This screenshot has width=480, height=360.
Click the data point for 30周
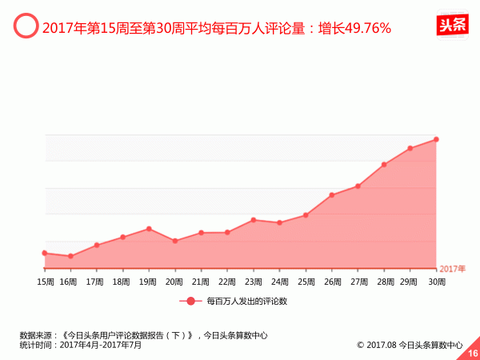point(436,139)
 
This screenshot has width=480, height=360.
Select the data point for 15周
point(45,253)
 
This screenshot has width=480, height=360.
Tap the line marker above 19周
point(149,229)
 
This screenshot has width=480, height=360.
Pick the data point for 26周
point(331,195)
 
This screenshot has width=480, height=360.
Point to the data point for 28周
point(384,165)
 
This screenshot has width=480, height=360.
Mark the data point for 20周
point(175,241)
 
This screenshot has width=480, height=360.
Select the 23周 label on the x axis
point(254,282)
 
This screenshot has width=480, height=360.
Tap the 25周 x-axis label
point(306,282)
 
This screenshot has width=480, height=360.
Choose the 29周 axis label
point(410,282)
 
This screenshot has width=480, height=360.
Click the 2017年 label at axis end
point(452,268)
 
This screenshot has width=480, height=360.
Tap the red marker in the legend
point(190,302)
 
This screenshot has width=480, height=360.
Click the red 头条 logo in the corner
point(452,25)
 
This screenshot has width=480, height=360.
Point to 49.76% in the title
point(365,29)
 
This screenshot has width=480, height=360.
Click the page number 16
point(472,352)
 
